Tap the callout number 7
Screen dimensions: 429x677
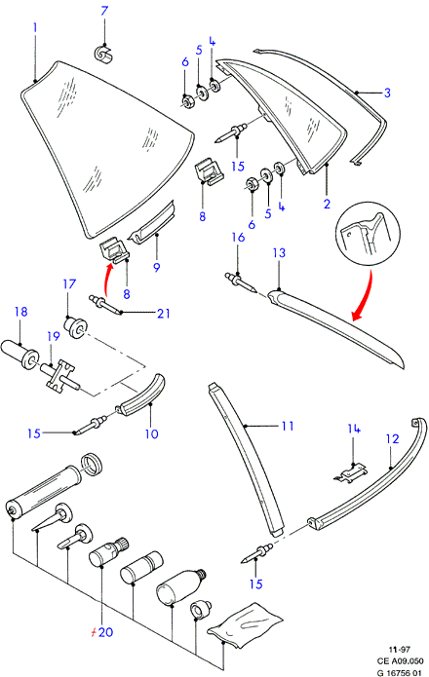[104, 11]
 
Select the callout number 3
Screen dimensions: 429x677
[387, 93]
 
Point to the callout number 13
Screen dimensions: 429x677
[280, 252]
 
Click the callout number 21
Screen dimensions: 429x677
[163, 313]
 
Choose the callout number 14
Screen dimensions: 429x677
[354, 429]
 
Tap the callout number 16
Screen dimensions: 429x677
[238, 237]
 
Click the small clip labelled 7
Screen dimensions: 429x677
[103, 53]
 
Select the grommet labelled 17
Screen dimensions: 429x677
[76, 327]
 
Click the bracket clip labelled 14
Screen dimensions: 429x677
[350, 471]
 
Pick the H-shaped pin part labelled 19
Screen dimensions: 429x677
[58, 375]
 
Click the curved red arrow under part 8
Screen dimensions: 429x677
[106, 282]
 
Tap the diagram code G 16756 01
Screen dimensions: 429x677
[399, 673]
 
